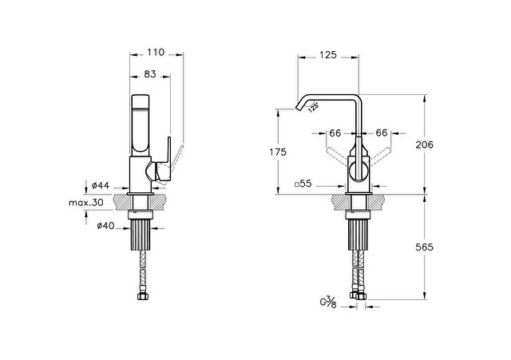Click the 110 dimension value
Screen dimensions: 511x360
pyautogui.click(x=156, y=52)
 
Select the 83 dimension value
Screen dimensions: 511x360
pyautogui.click(x=150, y=74)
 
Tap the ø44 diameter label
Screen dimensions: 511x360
pyautogui.click(x=101, y=185)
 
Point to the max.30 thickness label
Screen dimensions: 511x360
pyautogui.click(x=86, y=203)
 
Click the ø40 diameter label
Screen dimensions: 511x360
pyautogui.click(x=105, y=225)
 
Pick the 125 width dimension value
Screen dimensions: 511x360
pyautogui.click(x=327, y=55)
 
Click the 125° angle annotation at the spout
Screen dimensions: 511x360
pyautogui.click(x=314, y=107)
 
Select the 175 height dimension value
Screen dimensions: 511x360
pyautogui.click(x=278, y=152)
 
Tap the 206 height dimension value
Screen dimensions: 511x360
pyautogui.click(x=424, y=144)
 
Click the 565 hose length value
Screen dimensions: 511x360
pyautogui.click(x=424, y=247)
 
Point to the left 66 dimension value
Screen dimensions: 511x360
pyautogui.click(x=335, y=133)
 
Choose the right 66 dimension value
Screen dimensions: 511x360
pyautogui.click(x=382, y=133)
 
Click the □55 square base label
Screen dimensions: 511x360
pyautogui.click(x=303, y=184)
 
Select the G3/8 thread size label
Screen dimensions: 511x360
pyautogui.click(x=328, y=302)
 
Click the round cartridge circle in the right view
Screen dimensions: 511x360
pyautogui.click(x=358, y=171)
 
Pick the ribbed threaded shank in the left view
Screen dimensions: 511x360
pyautogui.click(x=141, y=234)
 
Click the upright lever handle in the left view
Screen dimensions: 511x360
pyautogui.click(x=169, y=152)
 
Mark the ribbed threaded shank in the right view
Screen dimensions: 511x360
pyautogui.click(x=358, y=234)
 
